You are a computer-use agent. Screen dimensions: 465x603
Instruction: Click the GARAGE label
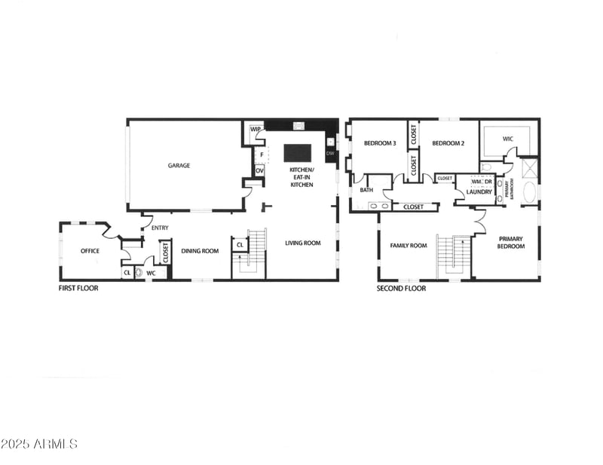tap(179, 165)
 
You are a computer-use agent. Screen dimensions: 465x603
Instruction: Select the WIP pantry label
tap(256, 129)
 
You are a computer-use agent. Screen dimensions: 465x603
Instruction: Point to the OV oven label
tap(259, 170)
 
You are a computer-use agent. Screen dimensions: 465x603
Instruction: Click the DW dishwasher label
tap(329, 154)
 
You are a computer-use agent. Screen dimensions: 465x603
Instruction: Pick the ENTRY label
tap(160, 228)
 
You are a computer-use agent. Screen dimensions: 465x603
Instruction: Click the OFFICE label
tap(90, 251)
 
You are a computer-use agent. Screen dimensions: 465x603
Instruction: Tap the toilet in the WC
tap(139, 273)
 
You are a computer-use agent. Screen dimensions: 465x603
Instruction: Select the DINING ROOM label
tap(200, 251)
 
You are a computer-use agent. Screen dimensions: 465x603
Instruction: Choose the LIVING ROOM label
tap(303, 243)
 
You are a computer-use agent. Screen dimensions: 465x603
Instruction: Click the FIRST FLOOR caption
tap(79, 288)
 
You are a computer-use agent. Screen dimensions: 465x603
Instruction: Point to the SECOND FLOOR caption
tap(401, 288)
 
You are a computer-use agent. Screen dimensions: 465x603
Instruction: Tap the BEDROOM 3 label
tap(380, 143)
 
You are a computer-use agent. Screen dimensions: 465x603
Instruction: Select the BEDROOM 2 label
tap(448, 143)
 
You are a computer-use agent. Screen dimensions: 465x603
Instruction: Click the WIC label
tap(508, 139)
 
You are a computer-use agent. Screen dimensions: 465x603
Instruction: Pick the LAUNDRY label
tap(479, 192)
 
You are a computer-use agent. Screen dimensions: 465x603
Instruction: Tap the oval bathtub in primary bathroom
tap(530, 192)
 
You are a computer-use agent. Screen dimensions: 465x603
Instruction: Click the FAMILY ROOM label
tap(408, 246)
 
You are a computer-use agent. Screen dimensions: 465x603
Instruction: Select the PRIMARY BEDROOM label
tap(510, 243)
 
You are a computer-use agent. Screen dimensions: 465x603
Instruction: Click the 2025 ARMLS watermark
tap(39, 444)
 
